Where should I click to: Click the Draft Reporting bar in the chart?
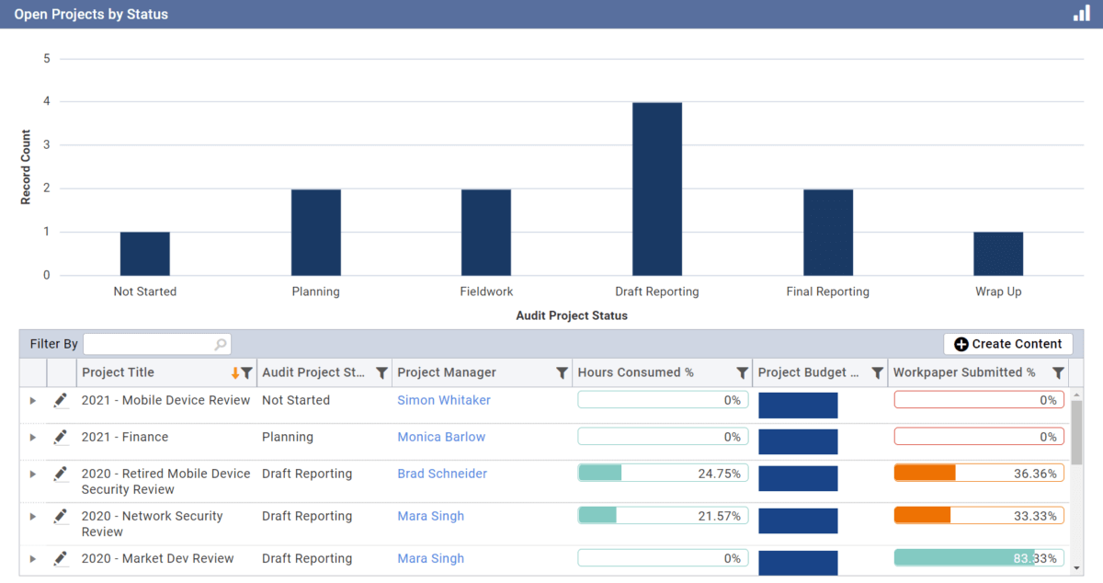click(x=657, y=189)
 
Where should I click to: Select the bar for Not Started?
click(x=145, y=254)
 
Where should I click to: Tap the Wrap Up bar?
click(x=998, y=254)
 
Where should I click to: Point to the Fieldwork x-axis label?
click(x=486, y=291)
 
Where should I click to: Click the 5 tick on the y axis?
click(x=47, y=59)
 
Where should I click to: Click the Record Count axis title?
click(x=26, y=167)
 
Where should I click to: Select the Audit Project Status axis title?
click(x=572, y=315)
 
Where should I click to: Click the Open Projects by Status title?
click(x=91, y=15)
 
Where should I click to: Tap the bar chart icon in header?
click(x=1081, y=14)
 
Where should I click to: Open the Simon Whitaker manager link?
click(x=444, y=400)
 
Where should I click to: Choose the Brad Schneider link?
click(x=442, y=474)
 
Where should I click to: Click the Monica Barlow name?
click(x=441, y=437)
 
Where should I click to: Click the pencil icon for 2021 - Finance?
click(x=61, y=437)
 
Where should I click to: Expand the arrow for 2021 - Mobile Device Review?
click(x=33, y=401)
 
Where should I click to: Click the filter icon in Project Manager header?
click(x=562, y=372)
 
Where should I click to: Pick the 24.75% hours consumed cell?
click(x=663, y=474)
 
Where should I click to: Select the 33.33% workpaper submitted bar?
click(x=979, y=516)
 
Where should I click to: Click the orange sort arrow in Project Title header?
click(x=235, y=372)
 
